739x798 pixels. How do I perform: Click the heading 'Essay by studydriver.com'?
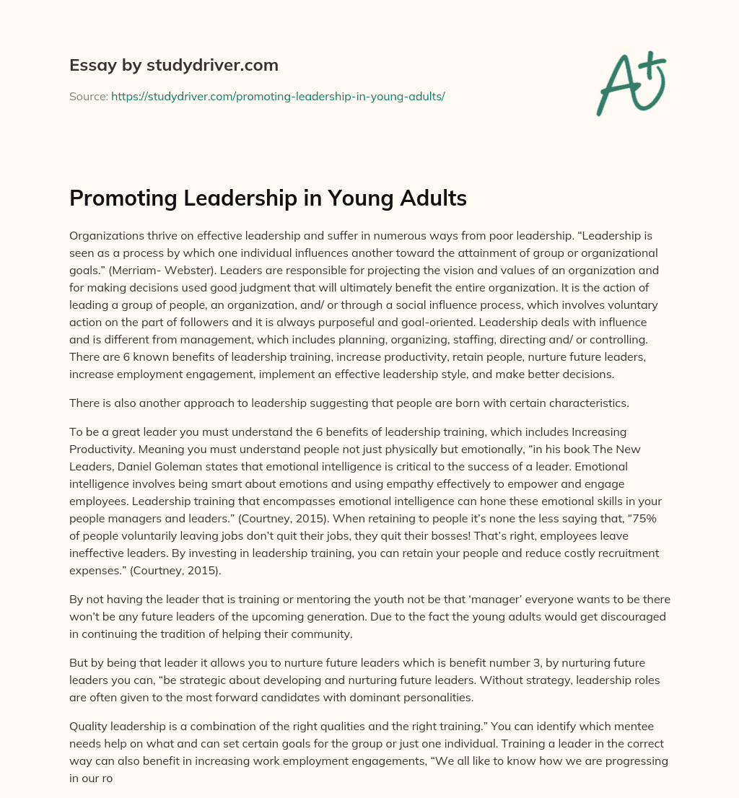(x=173, y=66)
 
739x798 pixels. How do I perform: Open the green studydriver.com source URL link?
(x=278, y=96)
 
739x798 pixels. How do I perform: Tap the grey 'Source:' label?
(x=88, y=96)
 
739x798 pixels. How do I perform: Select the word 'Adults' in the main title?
(x=431, y=198)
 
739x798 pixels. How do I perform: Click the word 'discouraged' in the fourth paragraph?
(x=632, y=617)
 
